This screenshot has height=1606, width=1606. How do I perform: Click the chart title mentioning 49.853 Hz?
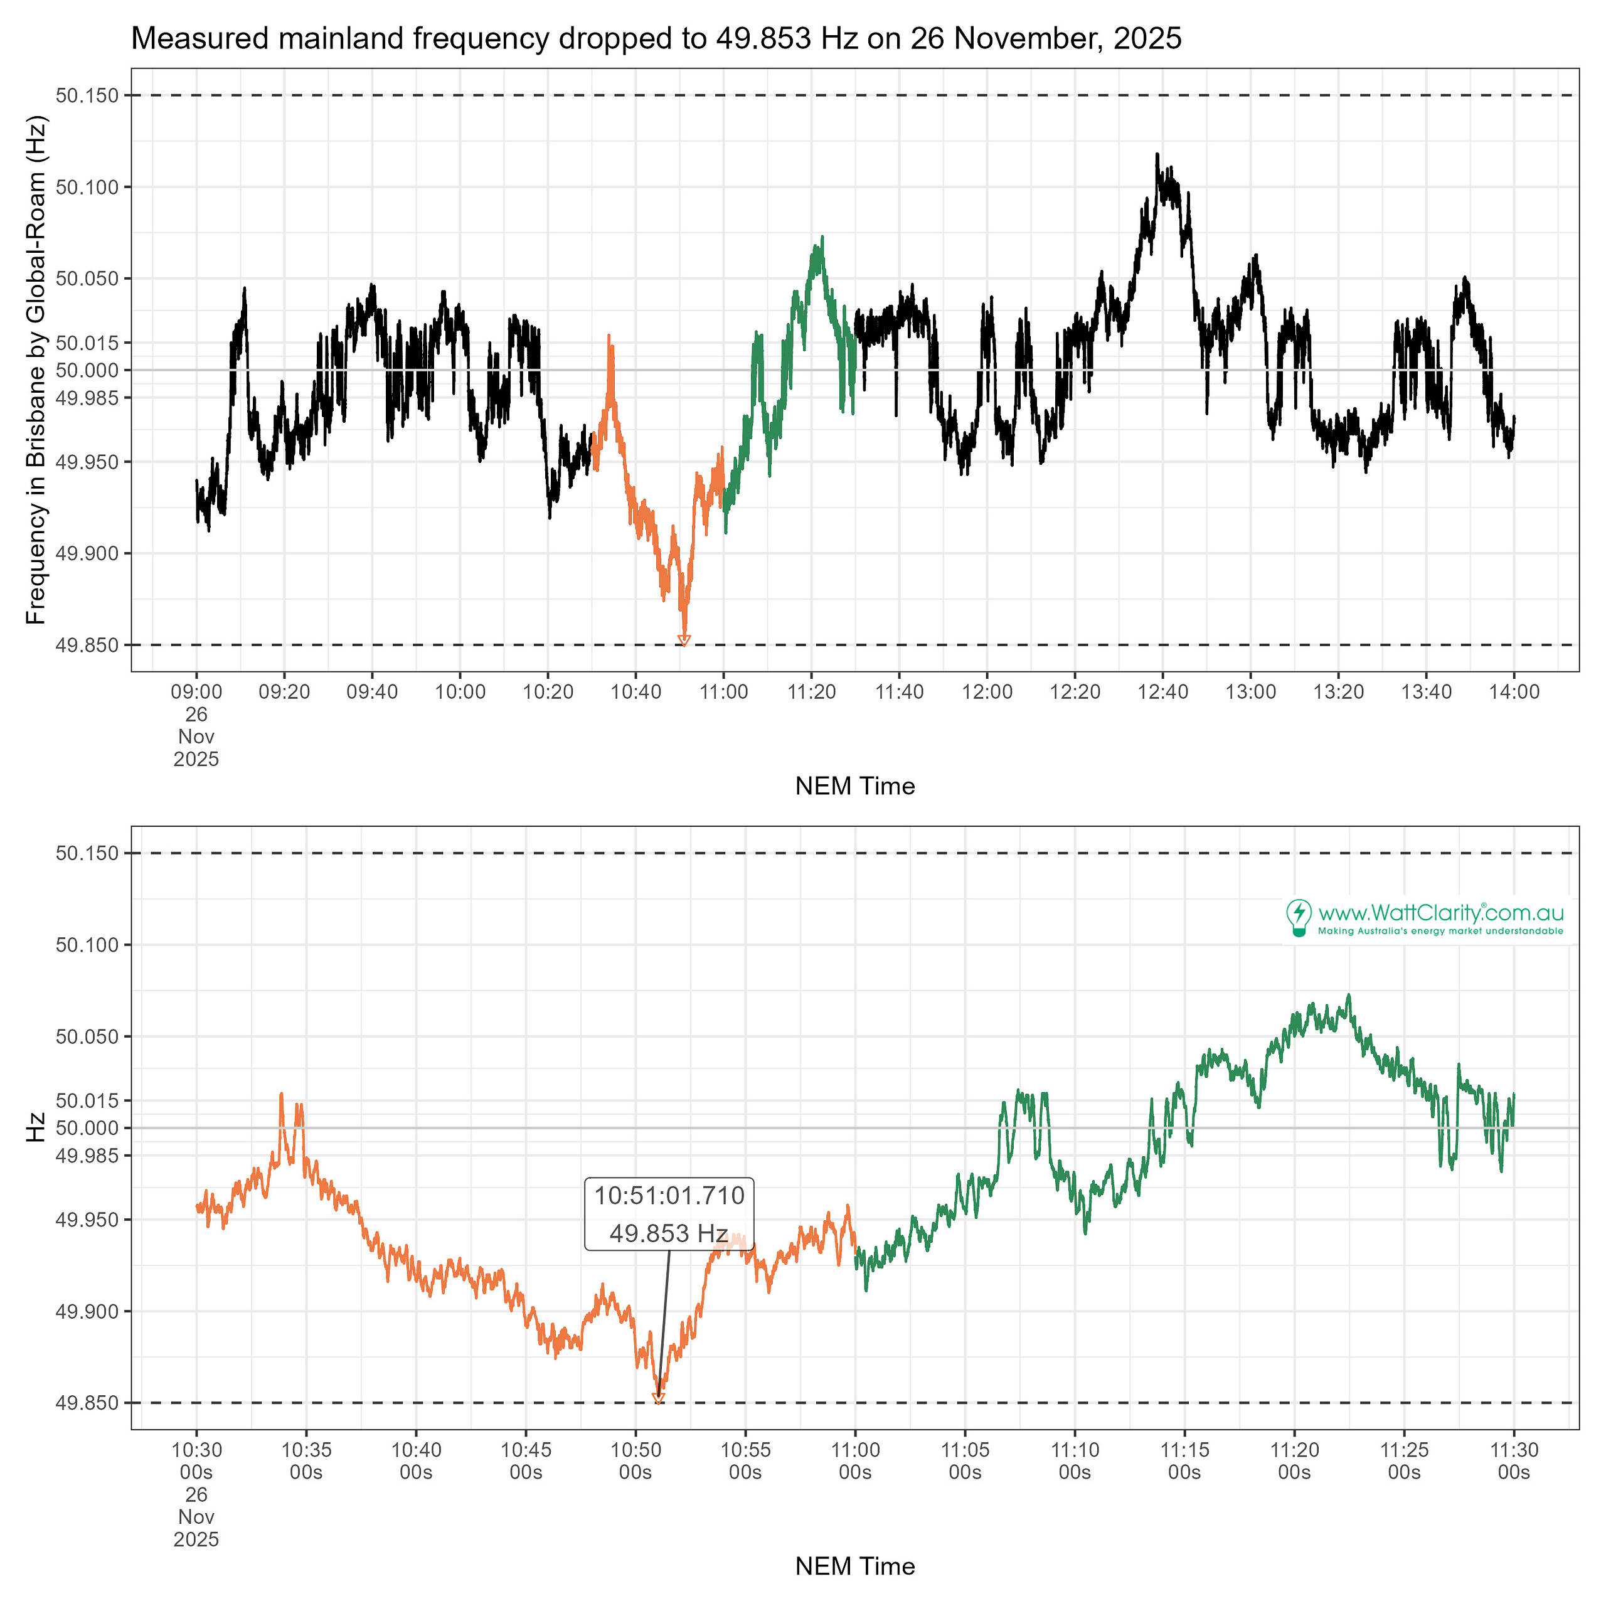(x=656, y=38)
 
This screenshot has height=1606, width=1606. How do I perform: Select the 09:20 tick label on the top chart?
(x=284, y=691)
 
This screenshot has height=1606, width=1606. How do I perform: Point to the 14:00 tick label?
(x=1514, y=691)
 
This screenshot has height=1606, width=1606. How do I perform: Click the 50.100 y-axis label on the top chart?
(x=87, y=187)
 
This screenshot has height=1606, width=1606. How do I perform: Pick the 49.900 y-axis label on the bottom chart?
(x=87, y=1311)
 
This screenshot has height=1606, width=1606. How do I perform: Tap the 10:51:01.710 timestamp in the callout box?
(x=669, y=1195)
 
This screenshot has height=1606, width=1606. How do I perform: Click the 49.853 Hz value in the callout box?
(x=669, y=1233)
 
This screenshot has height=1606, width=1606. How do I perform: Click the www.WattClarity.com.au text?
(x=1440, y=913)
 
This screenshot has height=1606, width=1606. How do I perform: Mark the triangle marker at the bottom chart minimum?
(x=657, y=1399)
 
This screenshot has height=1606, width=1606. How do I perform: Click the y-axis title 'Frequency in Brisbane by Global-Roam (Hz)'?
(x=36, y=370)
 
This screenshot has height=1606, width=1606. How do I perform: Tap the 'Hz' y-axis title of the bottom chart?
(x=36, y=1127)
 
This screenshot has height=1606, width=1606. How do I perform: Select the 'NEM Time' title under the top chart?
(x=854, y=785)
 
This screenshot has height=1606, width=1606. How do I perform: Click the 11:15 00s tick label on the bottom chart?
(x=1184, y=1460)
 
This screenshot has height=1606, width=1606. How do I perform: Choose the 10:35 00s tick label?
(x=306, y=1460)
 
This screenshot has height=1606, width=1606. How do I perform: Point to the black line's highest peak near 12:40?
(x=1156, y=154)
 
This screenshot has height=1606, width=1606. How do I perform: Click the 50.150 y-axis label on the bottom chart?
(x=87, y=853)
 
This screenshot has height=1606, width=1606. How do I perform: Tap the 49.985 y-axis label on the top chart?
(x=87, y=397)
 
